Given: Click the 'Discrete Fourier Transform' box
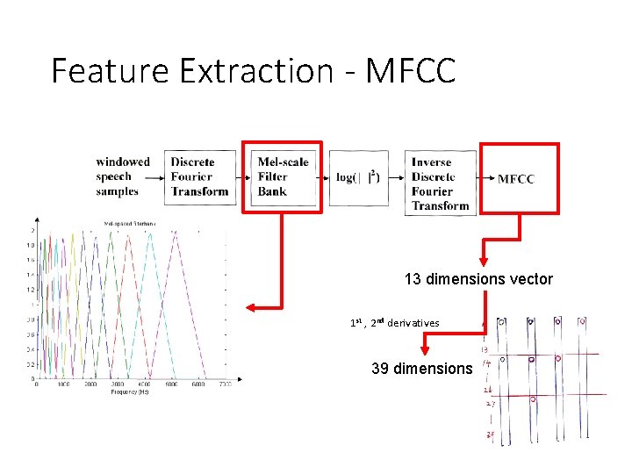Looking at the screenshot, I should point(200,176).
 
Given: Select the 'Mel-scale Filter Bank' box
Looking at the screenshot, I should point(283,176).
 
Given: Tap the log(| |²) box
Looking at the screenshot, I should point(358,176).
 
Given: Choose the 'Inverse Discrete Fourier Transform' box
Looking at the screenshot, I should point(440,183).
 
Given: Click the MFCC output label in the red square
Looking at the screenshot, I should point(516,179).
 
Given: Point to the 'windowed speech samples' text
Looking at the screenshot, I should point(123,176).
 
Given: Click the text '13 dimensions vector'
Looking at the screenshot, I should point(478,279).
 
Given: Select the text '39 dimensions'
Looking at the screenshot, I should point(421,368).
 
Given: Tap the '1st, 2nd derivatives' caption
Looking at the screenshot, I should point(394,323).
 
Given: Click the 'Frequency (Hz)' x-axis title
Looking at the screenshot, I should point(131,392).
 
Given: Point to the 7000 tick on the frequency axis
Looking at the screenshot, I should point(224,385).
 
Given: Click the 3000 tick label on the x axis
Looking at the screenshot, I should point(117,385).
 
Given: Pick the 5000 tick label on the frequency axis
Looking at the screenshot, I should point(170,385).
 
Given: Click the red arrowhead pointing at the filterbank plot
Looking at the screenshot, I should point(249,307).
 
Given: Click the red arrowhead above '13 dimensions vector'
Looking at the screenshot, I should point(482,262).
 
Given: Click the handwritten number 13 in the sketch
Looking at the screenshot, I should point(485,350).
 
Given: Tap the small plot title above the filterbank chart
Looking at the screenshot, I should point(130,224).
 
